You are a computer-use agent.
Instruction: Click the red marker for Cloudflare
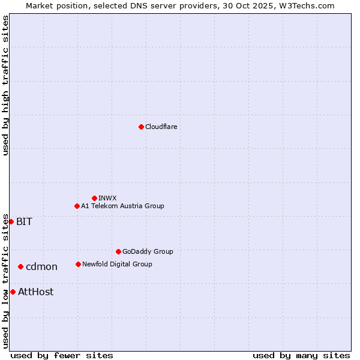point(141,127)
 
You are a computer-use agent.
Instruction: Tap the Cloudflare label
point(161,127)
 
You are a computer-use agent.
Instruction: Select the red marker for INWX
point(94,198)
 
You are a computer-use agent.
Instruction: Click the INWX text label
point(107,198)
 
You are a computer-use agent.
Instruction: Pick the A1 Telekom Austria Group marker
point(77,206)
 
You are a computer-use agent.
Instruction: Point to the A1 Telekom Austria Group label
point(122,206)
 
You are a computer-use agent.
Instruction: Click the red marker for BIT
point(11,221)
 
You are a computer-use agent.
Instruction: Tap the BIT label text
point(24,221)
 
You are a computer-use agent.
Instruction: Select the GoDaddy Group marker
point(118,251)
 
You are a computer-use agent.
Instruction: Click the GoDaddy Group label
point(148,251)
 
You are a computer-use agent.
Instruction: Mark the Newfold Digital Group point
point(78,264)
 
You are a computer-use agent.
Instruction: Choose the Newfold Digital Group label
point(117,264)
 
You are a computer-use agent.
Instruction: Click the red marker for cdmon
point(20,266)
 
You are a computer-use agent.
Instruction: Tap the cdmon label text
point(41,266)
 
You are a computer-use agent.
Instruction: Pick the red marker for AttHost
point(13,292)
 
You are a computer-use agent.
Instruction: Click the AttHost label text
point(35,292)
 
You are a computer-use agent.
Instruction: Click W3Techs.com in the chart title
point(307,5)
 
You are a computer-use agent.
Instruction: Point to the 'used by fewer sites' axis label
point(62,355)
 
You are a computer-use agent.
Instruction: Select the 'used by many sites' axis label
point(301,355)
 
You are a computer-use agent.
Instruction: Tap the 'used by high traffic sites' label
point(5,85)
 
